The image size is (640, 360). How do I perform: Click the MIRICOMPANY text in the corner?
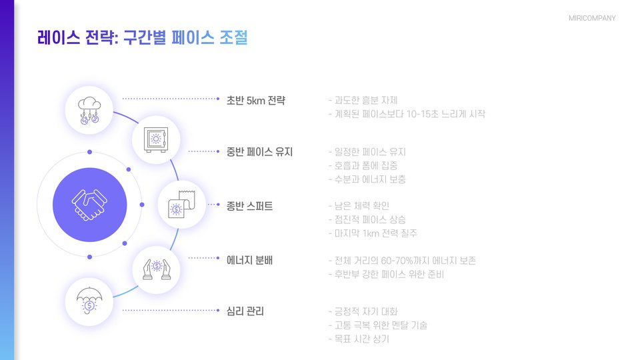coord(592,18)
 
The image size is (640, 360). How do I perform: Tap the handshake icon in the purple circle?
coord(89,205)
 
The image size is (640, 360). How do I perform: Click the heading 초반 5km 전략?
coord(256,101)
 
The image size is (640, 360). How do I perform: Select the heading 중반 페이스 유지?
coord(259,152)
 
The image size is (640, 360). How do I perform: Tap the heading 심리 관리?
coord(245,311)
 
